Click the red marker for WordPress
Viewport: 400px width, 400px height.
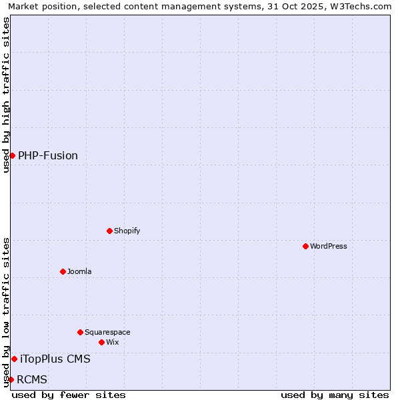click(x=305, y=246)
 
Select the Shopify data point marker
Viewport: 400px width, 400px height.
click(x=109, y=231)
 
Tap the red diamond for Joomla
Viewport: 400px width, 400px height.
click(x=63, y=271)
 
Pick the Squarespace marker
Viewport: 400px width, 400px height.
click(x=80, y=332)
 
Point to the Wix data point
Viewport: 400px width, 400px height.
click(x=101, y=342)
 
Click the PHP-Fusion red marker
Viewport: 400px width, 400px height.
click(x=12, y=155)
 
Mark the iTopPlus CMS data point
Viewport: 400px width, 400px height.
click(x=14, y=359)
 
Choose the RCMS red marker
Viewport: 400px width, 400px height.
click(x=11, y=379)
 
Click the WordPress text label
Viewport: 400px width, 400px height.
click(x=329, y=246)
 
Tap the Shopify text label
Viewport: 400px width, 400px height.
click(x=127, y=231)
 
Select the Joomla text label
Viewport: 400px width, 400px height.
click(x=79, y=271)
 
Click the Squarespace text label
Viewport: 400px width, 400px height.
click(x=107, y=332)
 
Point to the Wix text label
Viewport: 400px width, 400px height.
click(x=113, y=342)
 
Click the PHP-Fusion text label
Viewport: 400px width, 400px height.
click(x=48, y=155)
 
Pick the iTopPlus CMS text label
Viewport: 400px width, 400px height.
click(x=55, y=359)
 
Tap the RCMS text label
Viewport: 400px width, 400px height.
click(x=32, y=379)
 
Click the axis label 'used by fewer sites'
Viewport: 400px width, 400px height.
click(x=69, y=395)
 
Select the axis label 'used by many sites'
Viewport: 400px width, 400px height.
click(x=335, y=395)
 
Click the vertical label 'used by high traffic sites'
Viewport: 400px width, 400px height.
click(x=6, y=95)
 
